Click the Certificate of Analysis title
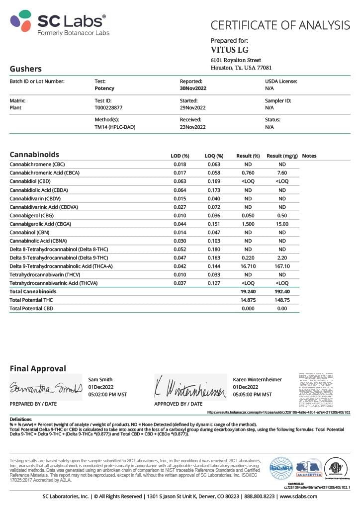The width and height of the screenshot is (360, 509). (280, 25)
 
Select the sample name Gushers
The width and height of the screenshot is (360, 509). (26, 69)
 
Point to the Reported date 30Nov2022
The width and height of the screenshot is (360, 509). (193, 88)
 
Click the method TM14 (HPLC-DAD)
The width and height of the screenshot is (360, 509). (115, 127)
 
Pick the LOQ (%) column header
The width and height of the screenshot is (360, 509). (214, 156)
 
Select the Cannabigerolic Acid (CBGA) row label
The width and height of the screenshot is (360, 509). (45, 224)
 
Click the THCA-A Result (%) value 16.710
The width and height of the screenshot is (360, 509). (248, 266)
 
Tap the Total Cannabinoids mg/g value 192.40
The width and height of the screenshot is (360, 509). (282, 292)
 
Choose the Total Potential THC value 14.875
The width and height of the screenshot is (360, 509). (248, 300)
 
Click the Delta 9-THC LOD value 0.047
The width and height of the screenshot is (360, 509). (180, 257)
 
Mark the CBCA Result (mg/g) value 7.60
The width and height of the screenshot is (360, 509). (282, 172)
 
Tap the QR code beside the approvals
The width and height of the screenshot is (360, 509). (323, 390)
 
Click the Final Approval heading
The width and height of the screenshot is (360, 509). (38, 369)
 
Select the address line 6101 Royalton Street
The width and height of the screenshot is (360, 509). (236, 60)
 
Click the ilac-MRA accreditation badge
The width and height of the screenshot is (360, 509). (280, 468)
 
